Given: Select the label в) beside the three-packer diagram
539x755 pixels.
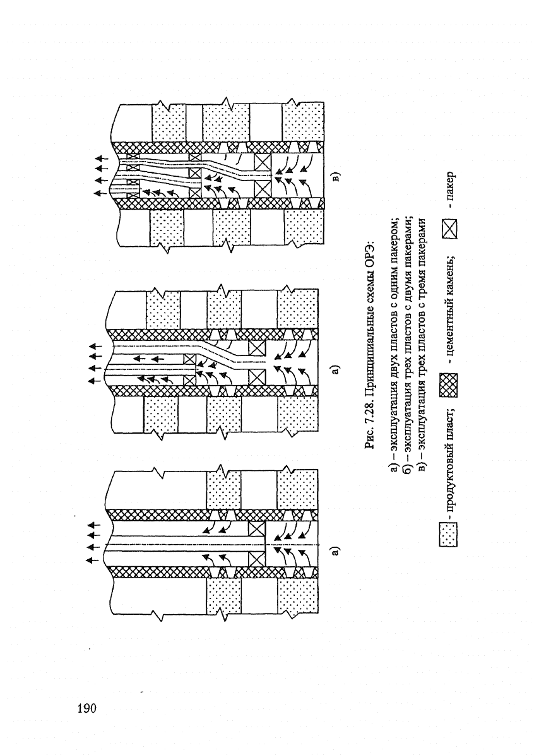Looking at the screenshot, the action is point(336,177).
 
